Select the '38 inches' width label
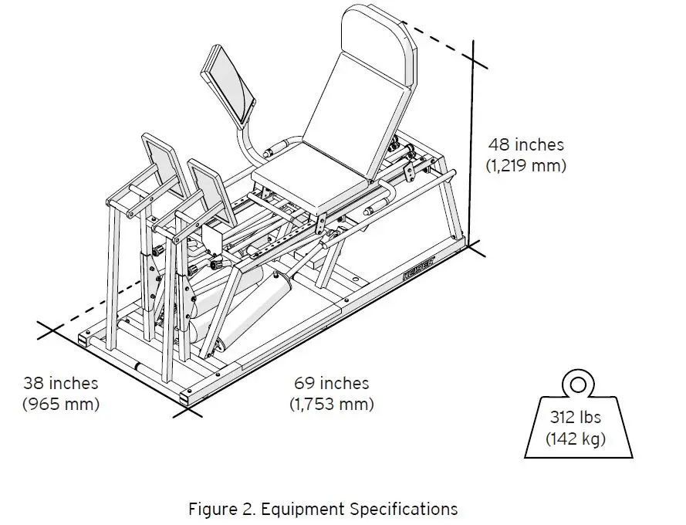coord(60,383)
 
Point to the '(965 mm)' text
coord(60,403)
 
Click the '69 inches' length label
coord(332,383)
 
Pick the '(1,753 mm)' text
coord(332,403)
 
